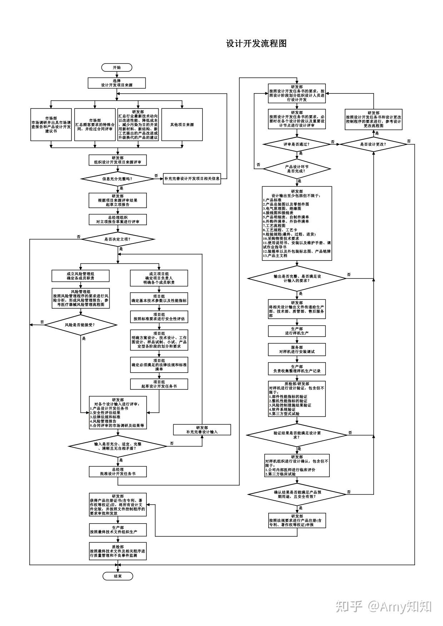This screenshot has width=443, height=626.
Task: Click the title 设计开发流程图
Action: pos(256,44)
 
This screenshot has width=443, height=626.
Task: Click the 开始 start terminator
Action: pos(117,67)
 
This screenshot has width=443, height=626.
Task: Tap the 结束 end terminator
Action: pos(118,576)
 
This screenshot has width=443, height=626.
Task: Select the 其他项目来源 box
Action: pos(182,125)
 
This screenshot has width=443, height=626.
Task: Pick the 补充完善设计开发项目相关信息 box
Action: pos(192,178)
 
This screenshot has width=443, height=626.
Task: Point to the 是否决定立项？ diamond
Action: pos(118,239)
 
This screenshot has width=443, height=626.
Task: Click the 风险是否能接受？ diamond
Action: pos(80,325)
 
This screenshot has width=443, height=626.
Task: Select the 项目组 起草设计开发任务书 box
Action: pos(159,384)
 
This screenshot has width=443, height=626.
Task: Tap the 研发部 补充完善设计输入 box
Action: pos(202,430)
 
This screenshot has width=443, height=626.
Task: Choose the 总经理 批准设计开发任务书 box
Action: pos(118,471)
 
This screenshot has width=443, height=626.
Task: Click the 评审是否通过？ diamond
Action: pos(297,145)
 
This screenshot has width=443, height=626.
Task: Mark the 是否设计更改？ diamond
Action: pos(373,145)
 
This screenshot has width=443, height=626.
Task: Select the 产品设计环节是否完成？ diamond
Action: pos(297,169)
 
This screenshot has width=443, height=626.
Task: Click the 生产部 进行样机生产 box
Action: pos(297,331)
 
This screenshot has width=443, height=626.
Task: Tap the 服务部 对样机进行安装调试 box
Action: pos(297,349)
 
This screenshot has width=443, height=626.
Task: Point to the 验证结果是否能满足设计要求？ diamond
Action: pos(297,435)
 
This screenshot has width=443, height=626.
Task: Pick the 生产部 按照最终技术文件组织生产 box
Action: pos(118,530)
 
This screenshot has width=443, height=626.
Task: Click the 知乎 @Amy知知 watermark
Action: pos(384,606)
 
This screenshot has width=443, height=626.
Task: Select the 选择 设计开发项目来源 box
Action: pos(117,83)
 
